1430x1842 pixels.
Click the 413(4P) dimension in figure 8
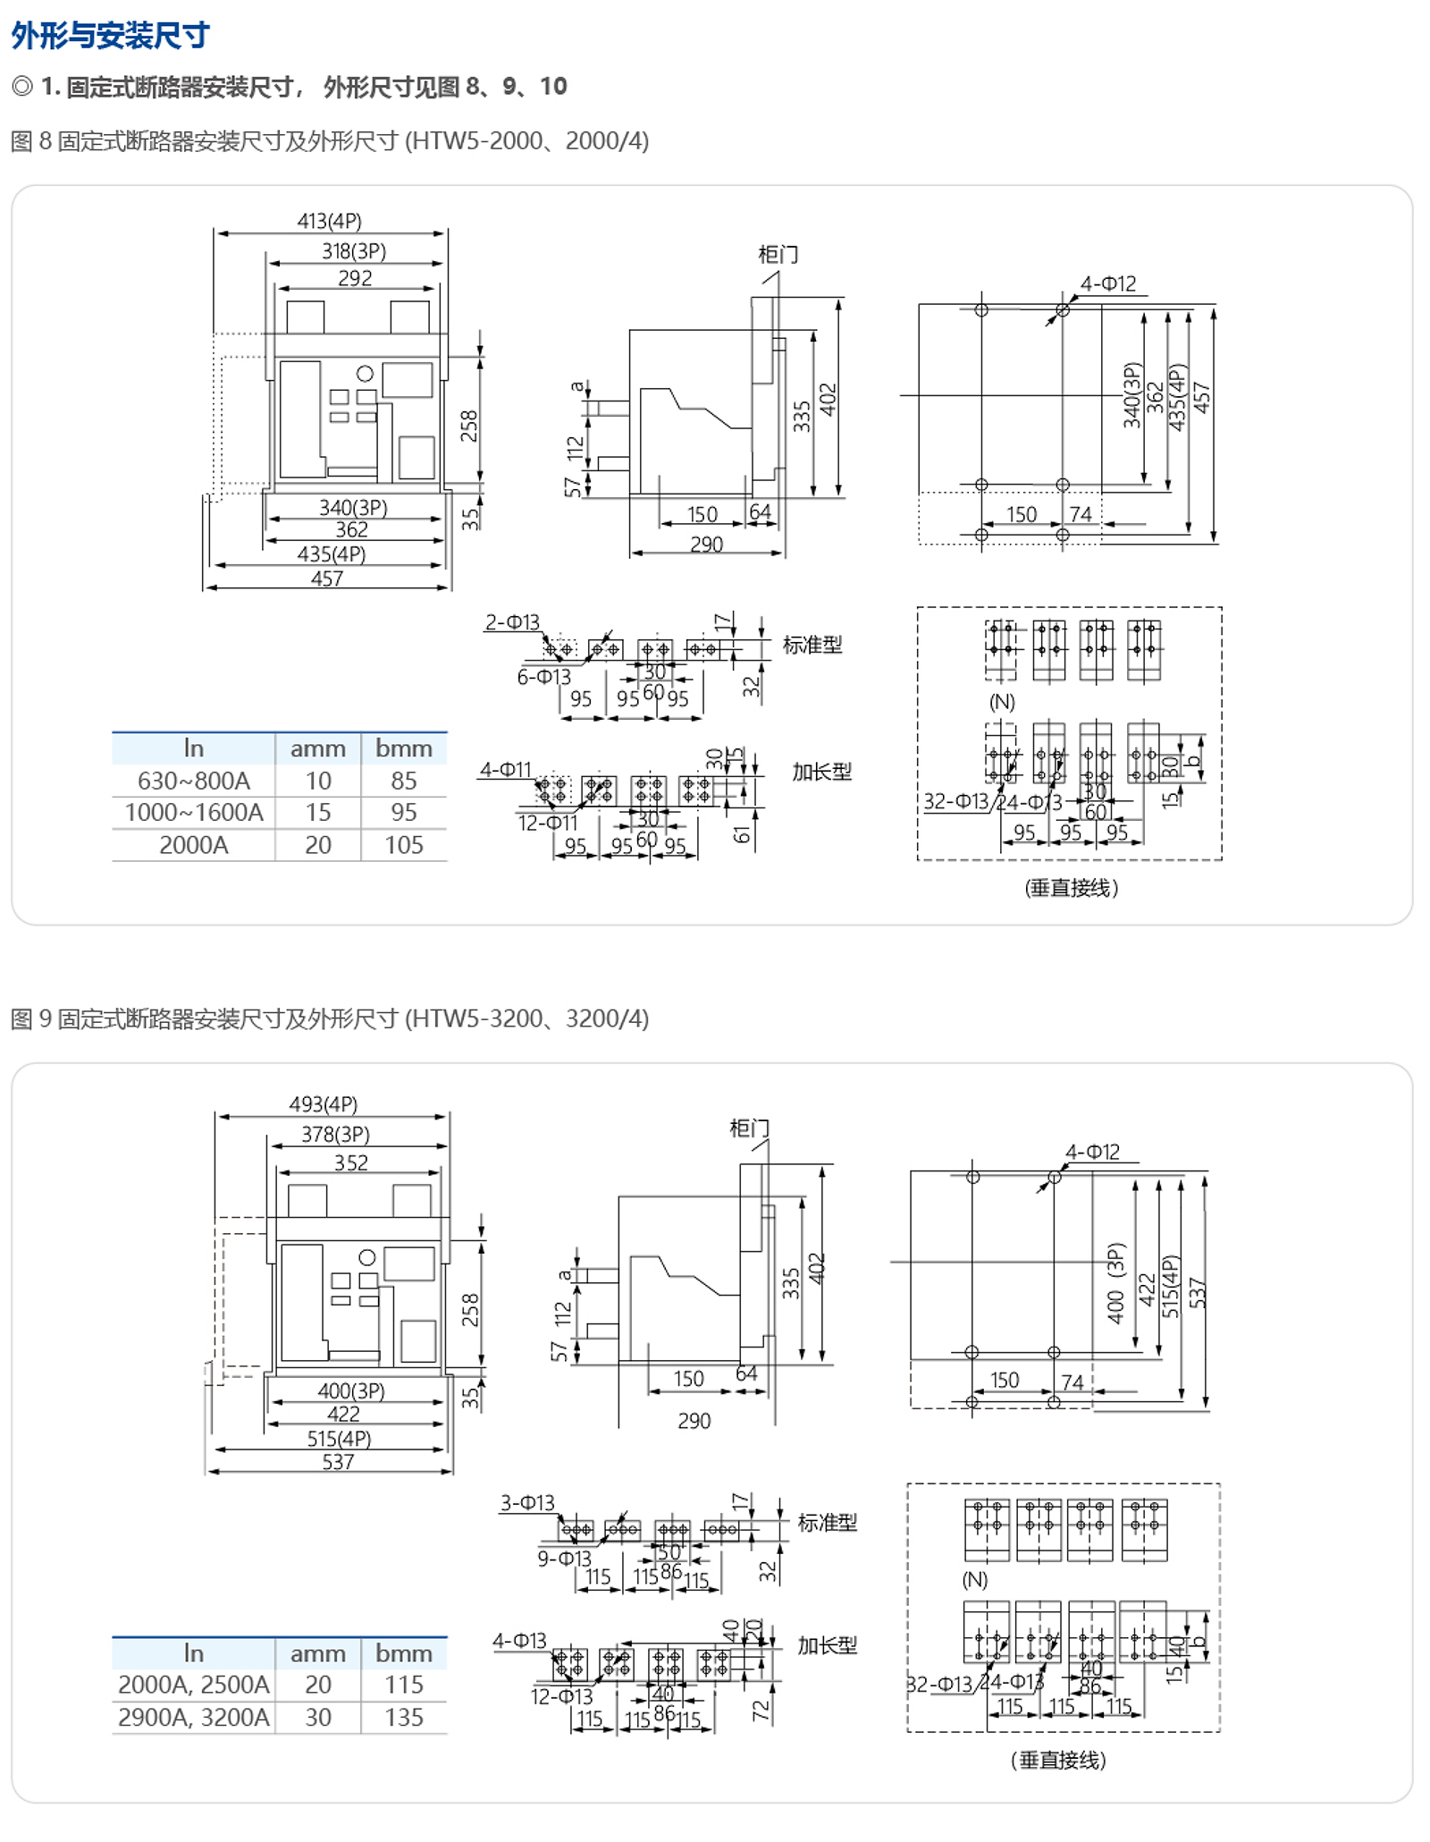coord(329,221)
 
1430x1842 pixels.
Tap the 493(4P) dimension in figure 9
coord(323,1103)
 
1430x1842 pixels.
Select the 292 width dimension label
coord(355,278)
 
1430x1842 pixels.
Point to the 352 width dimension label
coord(350,1162)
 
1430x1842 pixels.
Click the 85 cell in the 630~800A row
coord(403,781)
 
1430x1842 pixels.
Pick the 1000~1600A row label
coord(193,812)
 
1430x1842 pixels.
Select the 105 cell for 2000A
coord(403,845)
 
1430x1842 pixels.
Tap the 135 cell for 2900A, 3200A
coord(403,1717)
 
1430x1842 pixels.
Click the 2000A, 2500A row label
coord(193,1685)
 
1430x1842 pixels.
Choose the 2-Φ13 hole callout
coord(512,621)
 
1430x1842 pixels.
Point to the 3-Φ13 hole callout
coord(527,1502)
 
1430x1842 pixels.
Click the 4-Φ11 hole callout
coord(505,769)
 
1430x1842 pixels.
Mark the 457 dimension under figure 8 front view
coord(327,579)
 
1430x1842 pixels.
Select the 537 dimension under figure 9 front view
coord(338,1461)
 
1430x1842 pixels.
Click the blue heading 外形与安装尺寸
coord(111,36)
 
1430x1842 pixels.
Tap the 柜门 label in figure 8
coord(778,255)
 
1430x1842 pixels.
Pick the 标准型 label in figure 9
coord(827,1522)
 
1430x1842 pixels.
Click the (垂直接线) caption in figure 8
coord(1071,888)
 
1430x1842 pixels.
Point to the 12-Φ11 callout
coord(548,823)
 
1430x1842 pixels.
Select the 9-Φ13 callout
coord(564,1559)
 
